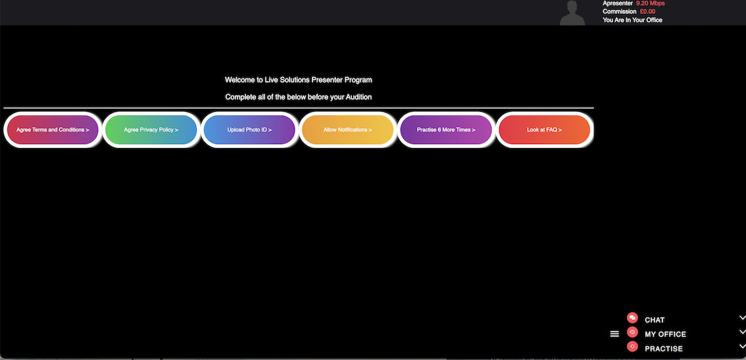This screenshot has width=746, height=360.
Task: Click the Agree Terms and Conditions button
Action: tap(53, 130)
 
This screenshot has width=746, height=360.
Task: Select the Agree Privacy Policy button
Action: tap(151, 130)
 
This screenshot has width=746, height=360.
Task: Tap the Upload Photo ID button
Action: tap(249, 130)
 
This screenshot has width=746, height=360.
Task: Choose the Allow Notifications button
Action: tap(347, 130)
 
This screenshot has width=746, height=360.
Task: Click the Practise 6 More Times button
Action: tap(446, 130)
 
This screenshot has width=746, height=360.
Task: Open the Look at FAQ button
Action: tap(544, 130)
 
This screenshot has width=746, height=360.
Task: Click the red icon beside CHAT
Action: tap(632, 318)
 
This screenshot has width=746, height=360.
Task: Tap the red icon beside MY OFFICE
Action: tap(632, 332)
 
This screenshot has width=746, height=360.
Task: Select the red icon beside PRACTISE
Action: tap(632, 346)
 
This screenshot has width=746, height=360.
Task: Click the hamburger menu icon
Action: tap(614, 334)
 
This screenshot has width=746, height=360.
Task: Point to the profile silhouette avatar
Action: tap(572, 13)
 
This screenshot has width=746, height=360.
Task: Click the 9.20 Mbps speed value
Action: tap(650, 3)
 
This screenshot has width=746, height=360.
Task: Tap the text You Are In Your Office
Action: tap(632, 20)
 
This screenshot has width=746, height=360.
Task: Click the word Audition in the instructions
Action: tap(359, 97)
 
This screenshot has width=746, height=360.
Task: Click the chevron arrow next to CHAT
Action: tap(742, 318)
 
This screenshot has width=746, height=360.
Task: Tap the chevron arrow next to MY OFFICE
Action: tap(742, 332)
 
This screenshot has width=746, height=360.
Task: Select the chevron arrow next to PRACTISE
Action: tap(742, 346)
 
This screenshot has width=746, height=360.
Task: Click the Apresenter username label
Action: tap(617, 3)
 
